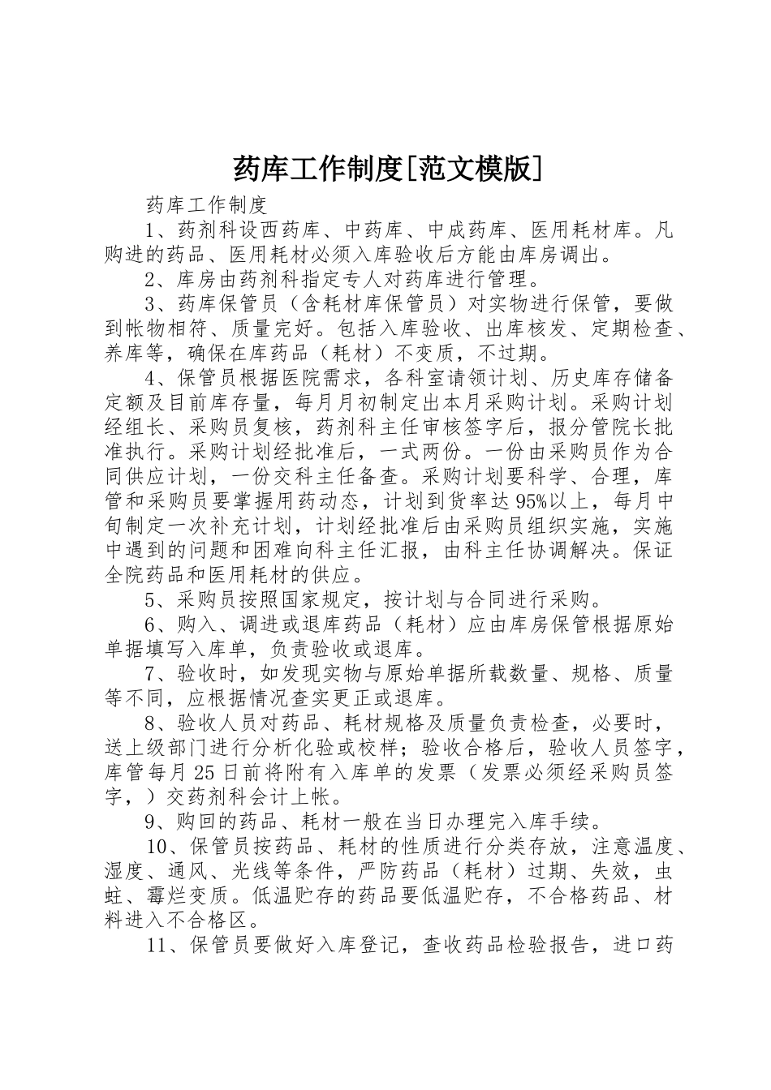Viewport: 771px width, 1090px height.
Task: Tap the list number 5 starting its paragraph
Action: (151, 600)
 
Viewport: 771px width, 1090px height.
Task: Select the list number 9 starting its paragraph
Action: (151, 821)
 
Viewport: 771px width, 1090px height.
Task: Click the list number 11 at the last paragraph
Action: (159, 944)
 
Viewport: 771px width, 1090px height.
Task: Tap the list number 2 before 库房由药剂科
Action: (151, 280)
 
